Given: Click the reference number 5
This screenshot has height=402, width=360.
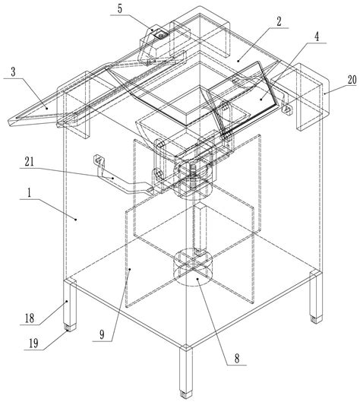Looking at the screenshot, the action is (x=120, y=8).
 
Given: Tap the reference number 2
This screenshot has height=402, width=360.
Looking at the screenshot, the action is (x=279, y=21).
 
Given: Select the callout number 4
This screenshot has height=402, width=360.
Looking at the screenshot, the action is (x=317, y=37).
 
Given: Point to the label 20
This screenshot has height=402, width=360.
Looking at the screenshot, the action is (x=352, y=80).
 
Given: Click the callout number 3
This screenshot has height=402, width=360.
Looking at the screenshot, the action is (x=13, y=71).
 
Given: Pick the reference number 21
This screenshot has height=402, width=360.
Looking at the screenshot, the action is (x=29, y=162).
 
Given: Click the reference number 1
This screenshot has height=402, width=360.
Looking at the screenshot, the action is (x=29, y=192).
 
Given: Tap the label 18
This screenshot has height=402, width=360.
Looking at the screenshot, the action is (x=30, y=318).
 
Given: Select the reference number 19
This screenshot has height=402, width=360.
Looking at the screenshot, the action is (x=33, y=343).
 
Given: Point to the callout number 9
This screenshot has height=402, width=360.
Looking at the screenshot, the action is (x=102, y=334).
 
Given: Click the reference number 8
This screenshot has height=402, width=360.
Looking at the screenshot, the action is (x=237, y=359).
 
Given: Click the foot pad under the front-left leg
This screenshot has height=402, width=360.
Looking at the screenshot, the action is (x=70, y=327).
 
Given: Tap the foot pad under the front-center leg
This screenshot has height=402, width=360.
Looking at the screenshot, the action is (x=186, y=394).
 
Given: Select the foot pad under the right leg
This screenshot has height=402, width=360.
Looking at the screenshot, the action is (x=317, y=319).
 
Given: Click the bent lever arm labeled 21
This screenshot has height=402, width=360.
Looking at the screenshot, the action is (x=121, y=179).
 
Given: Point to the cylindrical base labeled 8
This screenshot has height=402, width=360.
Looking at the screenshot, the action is (x=193, y=268).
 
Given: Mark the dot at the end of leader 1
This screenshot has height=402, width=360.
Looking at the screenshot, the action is (x=76, y=219).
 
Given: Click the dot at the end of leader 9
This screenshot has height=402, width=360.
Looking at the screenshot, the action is (x=130, y=269).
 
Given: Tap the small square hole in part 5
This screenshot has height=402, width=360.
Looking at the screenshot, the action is (x=161, y=35).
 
